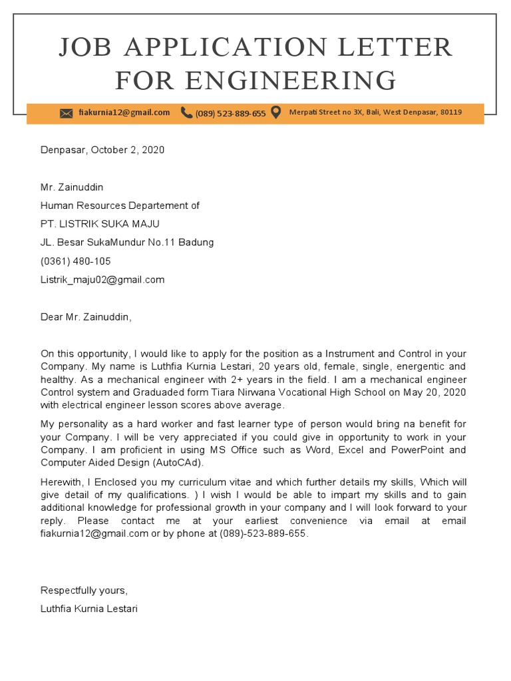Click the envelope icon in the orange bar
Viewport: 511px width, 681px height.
(x=66, y=113)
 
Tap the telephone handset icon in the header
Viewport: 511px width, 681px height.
(x=186, y=112)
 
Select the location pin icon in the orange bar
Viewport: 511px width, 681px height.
(x=276, y=112)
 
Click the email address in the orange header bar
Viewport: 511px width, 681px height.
(x=124, y=112)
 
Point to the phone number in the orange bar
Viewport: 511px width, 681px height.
(x=230, y=113)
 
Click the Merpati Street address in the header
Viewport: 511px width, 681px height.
(x=375, y=112)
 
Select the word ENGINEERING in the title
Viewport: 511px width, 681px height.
(x=255, y=81)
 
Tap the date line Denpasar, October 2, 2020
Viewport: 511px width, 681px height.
(x=102, y=150)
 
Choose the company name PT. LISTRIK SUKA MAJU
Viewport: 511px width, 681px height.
(x=100, y=223)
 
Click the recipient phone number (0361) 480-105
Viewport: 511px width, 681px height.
(x=76, y=261)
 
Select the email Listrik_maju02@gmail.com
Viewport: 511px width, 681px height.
(x=102, y=279)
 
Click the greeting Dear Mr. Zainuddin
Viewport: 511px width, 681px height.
(x=86, y=317)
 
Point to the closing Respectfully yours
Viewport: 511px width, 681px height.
(x=84, y=590)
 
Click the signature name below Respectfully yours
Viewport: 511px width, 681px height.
(x=89, y=609)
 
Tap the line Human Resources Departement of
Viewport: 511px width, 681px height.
(x=120, y=205)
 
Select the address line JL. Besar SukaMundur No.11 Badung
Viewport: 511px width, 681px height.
(x=127, y=242)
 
